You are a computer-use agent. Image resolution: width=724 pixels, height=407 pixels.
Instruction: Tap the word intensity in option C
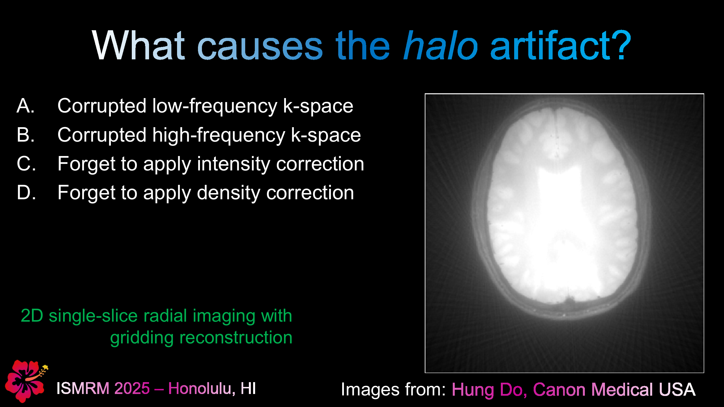click(233, 164)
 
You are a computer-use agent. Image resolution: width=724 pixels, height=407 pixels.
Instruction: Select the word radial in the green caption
click(165, 316)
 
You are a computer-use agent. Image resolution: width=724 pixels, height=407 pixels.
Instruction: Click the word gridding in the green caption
click(141, 338)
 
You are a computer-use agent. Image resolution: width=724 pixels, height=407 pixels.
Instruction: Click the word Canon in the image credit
click(559, 389)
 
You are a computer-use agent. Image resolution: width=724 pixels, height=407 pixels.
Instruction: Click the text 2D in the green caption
click(32, 316)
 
